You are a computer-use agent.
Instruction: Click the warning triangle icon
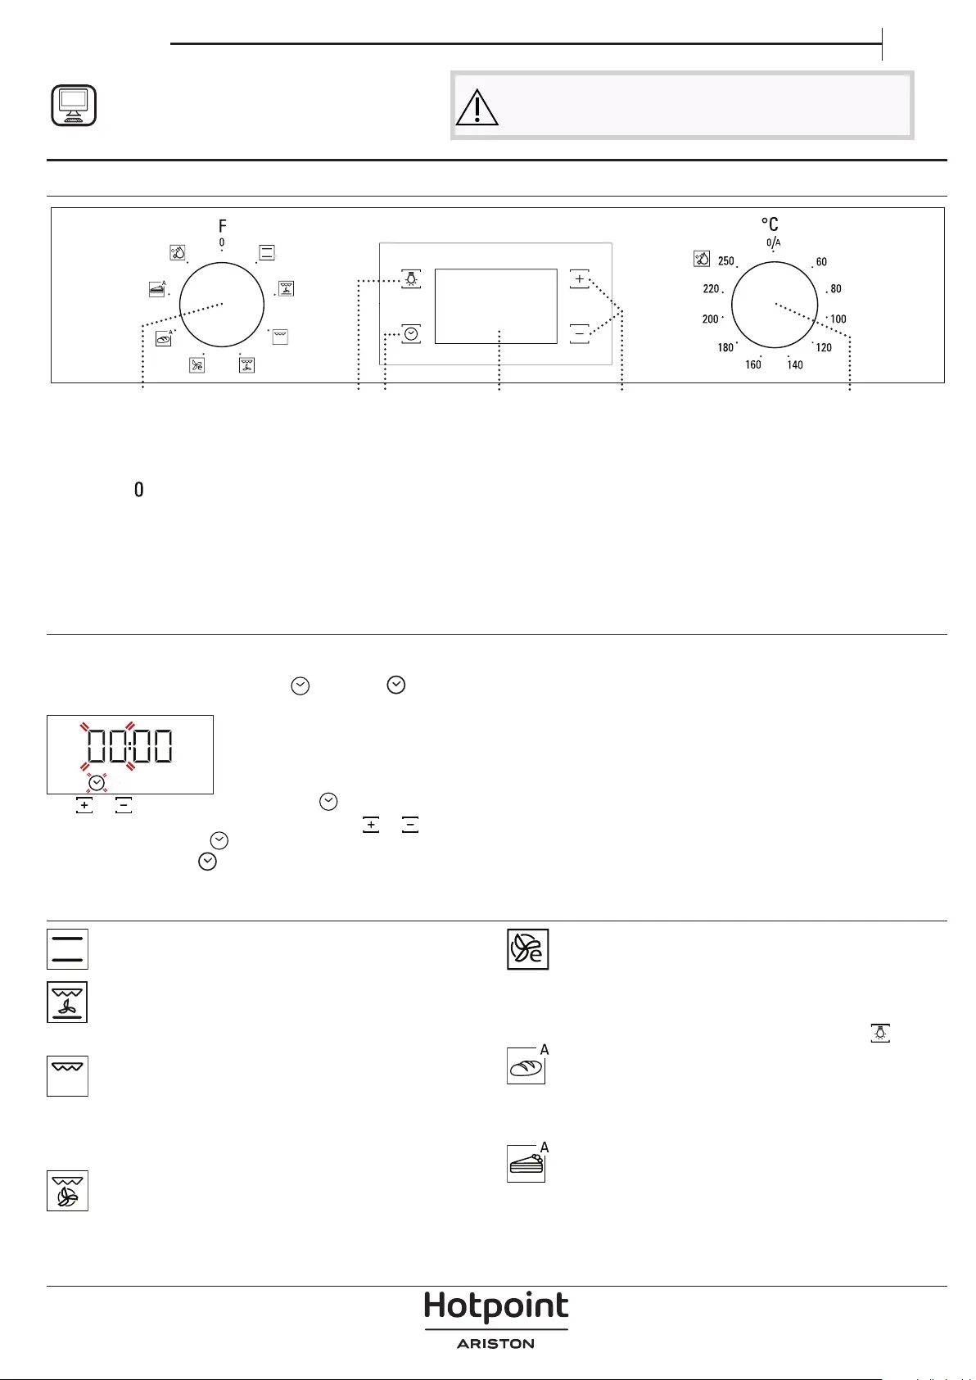[x=477, y=108]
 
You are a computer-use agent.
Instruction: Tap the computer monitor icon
[x=73, y=106]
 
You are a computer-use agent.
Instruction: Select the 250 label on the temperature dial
[x=726, y=261]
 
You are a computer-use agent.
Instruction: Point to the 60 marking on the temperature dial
[x=821, y=262]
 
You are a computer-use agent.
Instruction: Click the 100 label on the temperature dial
[x=838, y=319]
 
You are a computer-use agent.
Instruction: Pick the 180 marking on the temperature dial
[x=725, y=347]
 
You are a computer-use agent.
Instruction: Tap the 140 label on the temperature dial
[x=795, y=364]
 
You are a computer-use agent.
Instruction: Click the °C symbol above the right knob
[x=770, y=224]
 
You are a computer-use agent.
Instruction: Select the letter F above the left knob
[x=222, y=226]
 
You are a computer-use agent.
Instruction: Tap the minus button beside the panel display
[x=580, y=333]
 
